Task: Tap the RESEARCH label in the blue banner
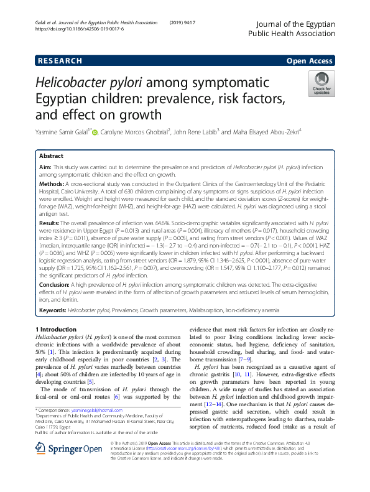(60, 60)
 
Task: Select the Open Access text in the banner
(309, 60)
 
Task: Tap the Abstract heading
(51, 155)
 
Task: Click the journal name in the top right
(292, 29)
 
